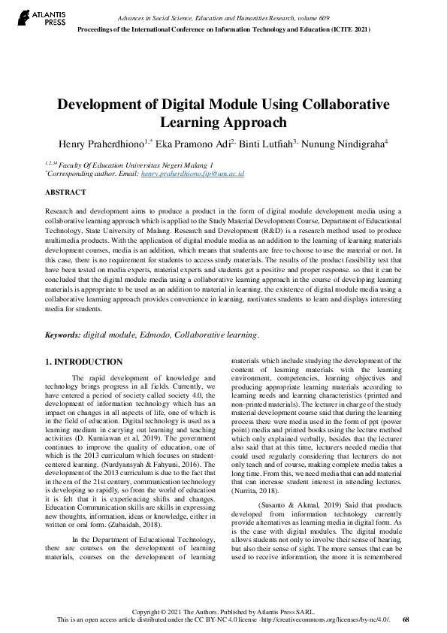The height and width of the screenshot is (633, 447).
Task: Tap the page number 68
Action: (x=406, y=619)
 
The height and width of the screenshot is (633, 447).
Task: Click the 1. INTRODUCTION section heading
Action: (x=84, y=362)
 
